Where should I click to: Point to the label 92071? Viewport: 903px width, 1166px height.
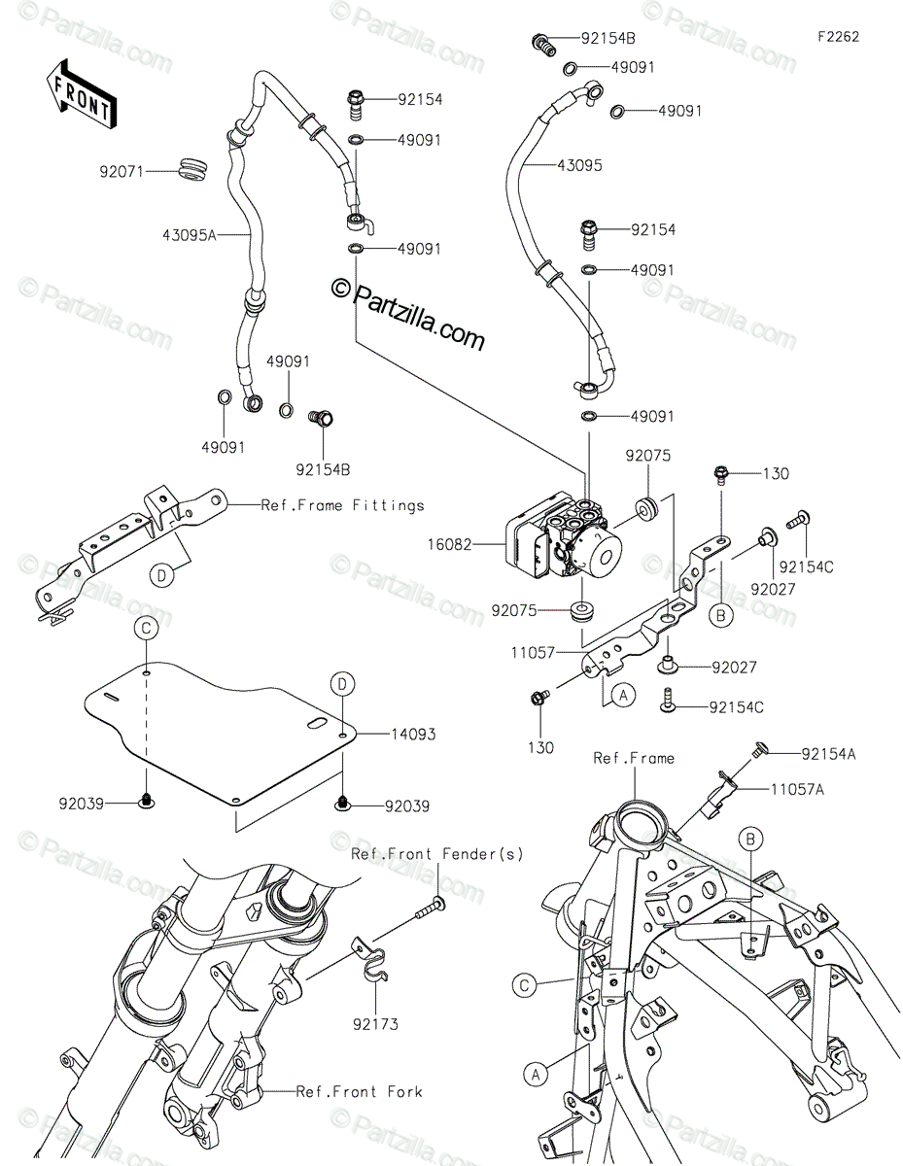coord(121,172)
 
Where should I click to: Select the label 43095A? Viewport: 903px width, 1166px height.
coord(191,233)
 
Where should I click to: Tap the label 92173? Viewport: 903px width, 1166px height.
coord(378,1023)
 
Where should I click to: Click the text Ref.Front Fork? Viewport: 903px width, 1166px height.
coord(360,1091)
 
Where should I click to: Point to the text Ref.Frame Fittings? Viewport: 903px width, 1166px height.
coord(342,504)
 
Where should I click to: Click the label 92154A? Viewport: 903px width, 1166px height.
coord(833,753)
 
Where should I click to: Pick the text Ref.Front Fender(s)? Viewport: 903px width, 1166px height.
coord(436,854)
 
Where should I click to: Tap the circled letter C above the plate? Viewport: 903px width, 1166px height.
coord(145,629)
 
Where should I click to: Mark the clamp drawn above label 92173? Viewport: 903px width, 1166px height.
coord(372,967)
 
